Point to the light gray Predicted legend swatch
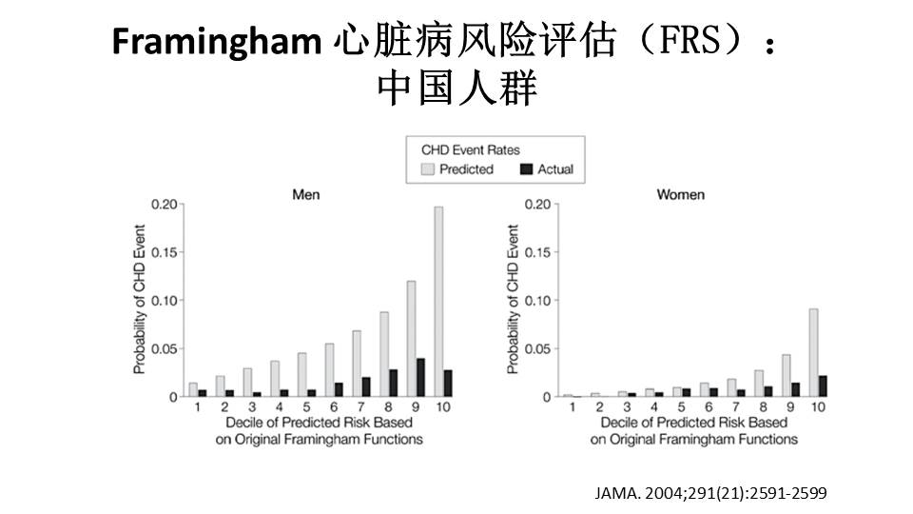428,169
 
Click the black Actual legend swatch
527,169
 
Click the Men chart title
305,194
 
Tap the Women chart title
681,194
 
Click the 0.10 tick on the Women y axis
538,301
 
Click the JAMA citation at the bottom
710,492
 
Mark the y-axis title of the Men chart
140,300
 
